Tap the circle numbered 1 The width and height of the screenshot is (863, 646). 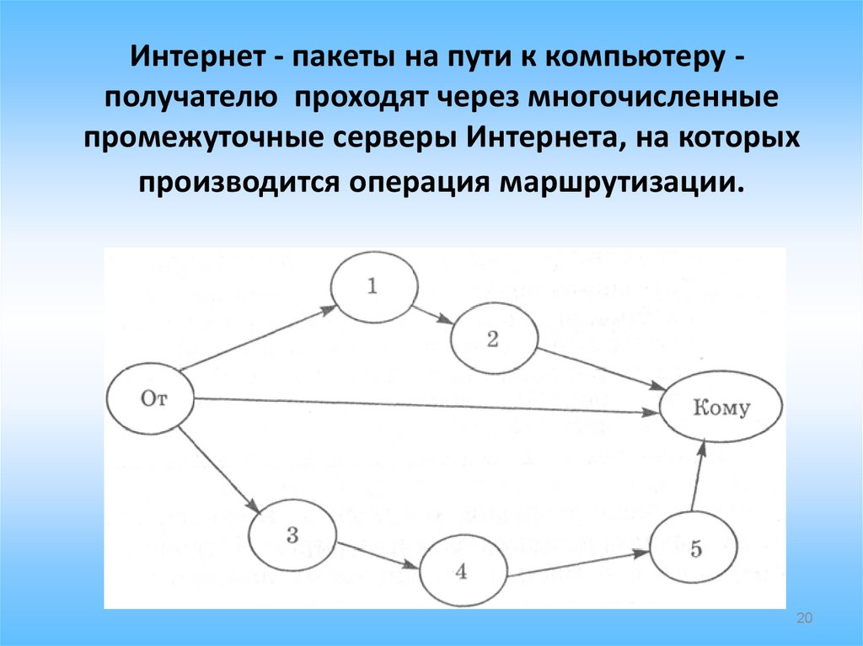tap(374, 286)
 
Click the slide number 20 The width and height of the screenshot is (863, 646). tap(803, 619)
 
